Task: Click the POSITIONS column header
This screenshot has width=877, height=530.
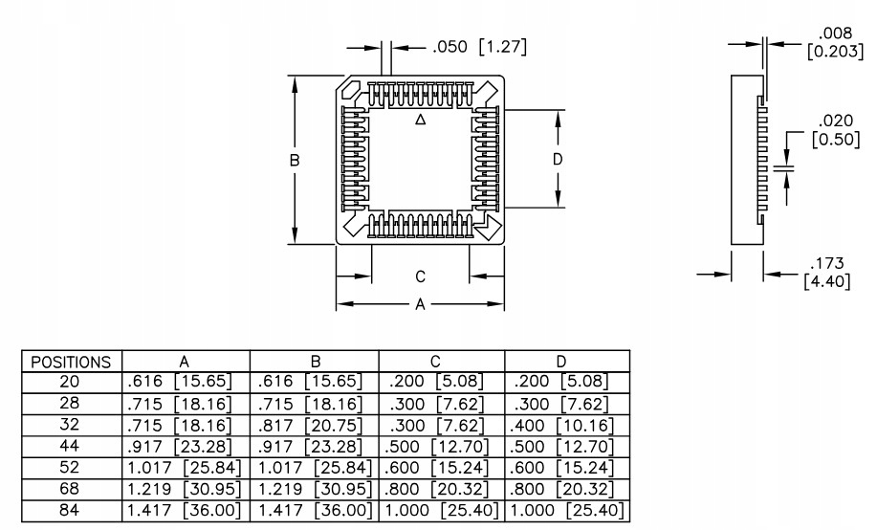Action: click(x=71, y=362)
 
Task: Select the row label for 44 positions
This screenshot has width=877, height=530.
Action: click(x=70, y=446)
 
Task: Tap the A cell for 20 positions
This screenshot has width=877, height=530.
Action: click(x=180, y=382)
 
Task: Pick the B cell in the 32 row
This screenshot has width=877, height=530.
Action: click(x=311, y=426)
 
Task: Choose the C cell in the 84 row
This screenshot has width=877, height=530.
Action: click(x=441, y=511)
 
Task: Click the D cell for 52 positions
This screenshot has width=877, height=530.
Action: click(x=561, y=468)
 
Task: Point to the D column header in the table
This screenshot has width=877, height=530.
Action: click(x=561, y=362)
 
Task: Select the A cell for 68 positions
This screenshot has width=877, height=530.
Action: click(x=184, y=489)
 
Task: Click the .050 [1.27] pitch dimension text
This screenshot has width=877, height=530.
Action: click(x=480, y=47)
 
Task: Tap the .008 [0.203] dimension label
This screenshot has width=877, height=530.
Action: click(x=836, y=42)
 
